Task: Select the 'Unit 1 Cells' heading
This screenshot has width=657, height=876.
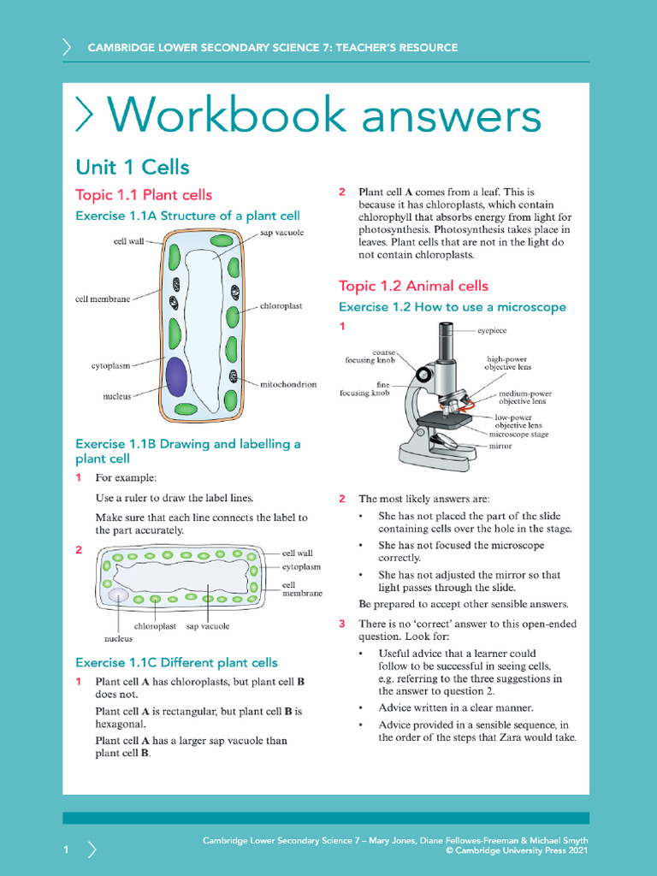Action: (x=133, y=166)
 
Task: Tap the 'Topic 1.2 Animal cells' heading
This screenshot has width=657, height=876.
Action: (x=413, y=286)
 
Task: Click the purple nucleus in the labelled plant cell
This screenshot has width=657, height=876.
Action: (x=176, y=376)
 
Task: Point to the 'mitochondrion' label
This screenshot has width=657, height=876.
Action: (x=288, y=385)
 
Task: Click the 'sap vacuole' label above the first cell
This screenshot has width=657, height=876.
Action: (x=281, y=232)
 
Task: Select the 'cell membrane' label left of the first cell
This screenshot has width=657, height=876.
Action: (x=103, y=299)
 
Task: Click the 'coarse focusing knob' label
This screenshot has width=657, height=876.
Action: (x=370, y=356)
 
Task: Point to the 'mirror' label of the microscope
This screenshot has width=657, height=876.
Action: (x=500, y=446)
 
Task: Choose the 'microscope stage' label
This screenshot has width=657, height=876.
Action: (x=518, y=435)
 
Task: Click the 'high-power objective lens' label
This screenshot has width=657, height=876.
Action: (x=508, y=363)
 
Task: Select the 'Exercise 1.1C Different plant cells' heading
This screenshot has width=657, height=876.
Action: (x=176, y=662)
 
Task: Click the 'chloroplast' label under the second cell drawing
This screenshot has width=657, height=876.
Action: (x=155, y=626)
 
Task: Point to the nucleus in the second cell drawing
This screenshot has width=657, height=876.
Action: (x=118, y=595)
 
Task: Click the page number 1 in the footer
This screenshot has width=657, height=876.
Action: (x=66, y=849)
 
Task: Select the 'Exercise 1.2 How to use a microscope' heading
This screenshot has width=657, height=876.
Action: (x=452, y=307)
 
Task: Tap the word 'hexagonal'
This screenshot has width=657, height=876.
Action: (x=119, y=724)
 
